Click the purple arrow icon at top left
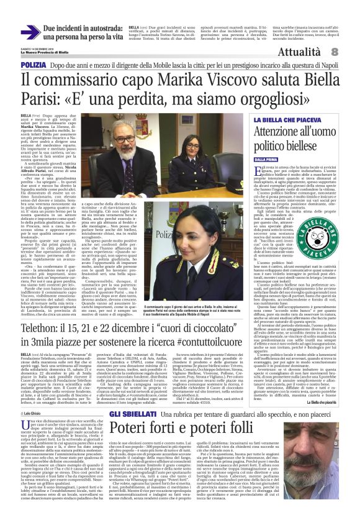[30, 32]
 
